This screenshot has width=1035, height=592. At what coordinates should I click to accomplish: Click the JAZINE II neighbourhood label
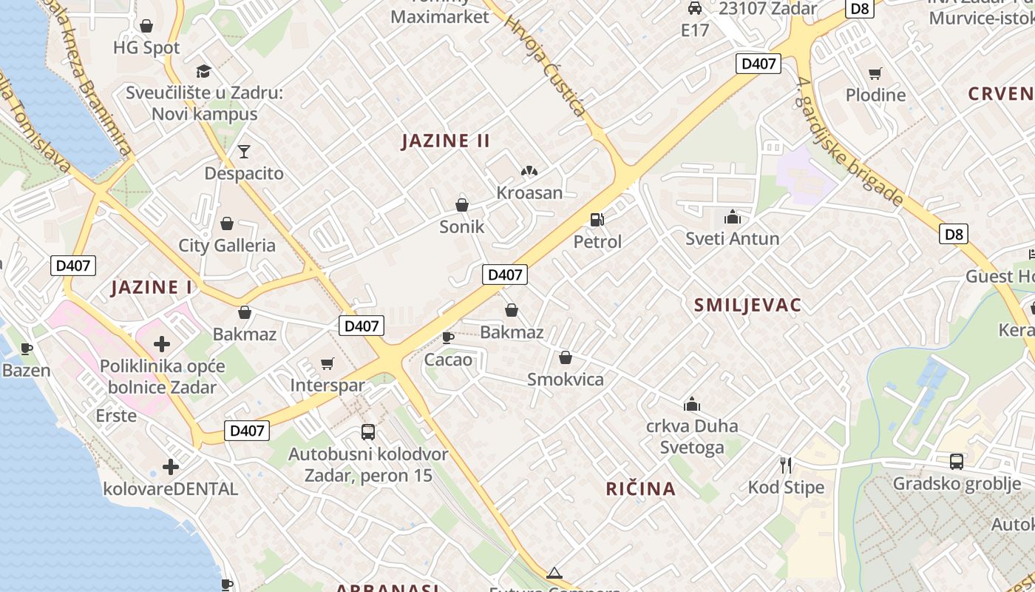coord(445,141)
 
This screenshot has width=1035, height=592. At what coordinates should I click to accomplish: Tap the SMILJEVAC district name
coord(747,305)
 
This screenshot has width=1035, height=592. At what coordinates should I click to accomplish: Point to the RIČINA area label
coord(640,488)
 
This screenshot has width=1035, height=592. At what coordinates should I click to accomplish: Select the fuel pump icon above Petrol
coord(597,220)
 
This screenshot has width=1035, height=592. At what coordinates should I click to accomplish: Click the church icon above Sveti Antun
coord(733,217)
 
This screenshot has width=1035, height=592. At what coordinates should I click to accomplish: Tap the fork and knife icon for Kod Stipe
coord(786,465)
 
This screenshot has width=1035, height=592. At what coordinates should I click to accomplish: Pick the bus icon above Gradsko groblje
coord(957,462)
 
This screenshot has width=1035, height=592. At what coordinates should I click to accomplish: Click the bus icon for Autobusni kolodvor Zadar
coord(367,431)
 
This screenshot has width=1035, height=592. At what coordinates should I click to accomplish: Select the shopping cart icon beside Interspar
coord(328,363)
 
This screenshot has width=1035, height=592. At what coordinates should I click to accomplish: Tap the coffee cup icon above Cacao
coord(447,337)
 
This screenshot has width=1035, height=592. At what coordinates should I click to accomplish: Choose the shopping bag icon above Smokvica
coord(566,358)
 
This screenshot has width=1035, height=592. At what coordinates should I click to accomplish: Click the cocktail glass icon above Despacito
coord(244,152)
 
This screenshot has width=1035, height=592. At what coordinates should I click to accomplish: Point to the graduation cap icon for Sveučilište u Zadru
coord(203,71)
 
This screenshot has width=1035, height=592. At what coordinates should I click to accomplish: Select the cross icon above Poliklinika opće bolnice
coord(162,343)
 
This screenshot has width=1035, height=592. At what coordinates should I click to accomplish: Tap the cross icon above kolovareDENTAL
coord(171,467)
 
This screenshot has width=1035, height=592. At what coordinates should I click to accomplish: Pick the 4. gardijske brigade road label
coord(850,141)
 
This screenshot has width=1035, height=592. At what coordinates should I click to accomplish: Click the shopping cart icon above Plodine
coord(875,73)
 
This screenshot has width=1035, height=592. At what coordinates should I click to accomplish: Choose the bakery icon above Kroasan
coord(529,172)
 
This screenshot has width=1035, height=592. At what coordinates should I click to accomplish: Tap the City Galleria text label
coord(227,246)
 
